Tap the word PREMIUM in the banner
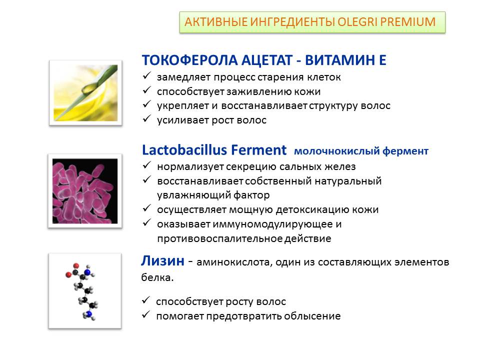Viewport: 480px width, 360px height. click(x=408, y=22)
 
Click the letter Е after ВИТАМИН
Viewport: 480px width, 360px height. click(x=382, y=60)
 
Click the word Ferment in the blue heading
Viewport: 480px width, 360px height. click(x=258, y=150)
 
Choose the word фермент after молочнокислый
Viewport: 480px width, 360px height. click(x=405, y=151)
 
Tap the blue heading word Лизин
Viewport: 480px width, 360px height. click(x=163, y=261)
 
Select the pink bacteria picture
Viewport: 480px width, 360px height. click(x=85, y=191)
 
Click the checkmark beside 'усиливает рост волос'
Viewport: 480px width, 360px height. click(x=146, y=118)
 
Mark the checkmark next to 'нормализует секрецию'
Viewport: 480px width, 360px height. click(x=146, y=165)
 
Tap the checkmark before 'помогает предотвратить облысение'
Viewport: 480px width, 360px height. click(x=146, y=314)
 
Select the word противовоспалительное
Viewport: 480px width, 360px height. click(x=219, y=238)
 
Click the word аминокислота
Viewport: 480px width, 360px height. click(x=234, y=262)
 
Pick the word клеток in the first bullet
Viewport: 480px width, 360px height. click(x=324, y=77)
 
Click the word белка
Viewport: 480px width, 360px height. click(x=157, y=277)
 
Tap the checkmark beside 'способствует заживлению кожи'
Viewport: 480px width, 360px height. click(x=146, y=90)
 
